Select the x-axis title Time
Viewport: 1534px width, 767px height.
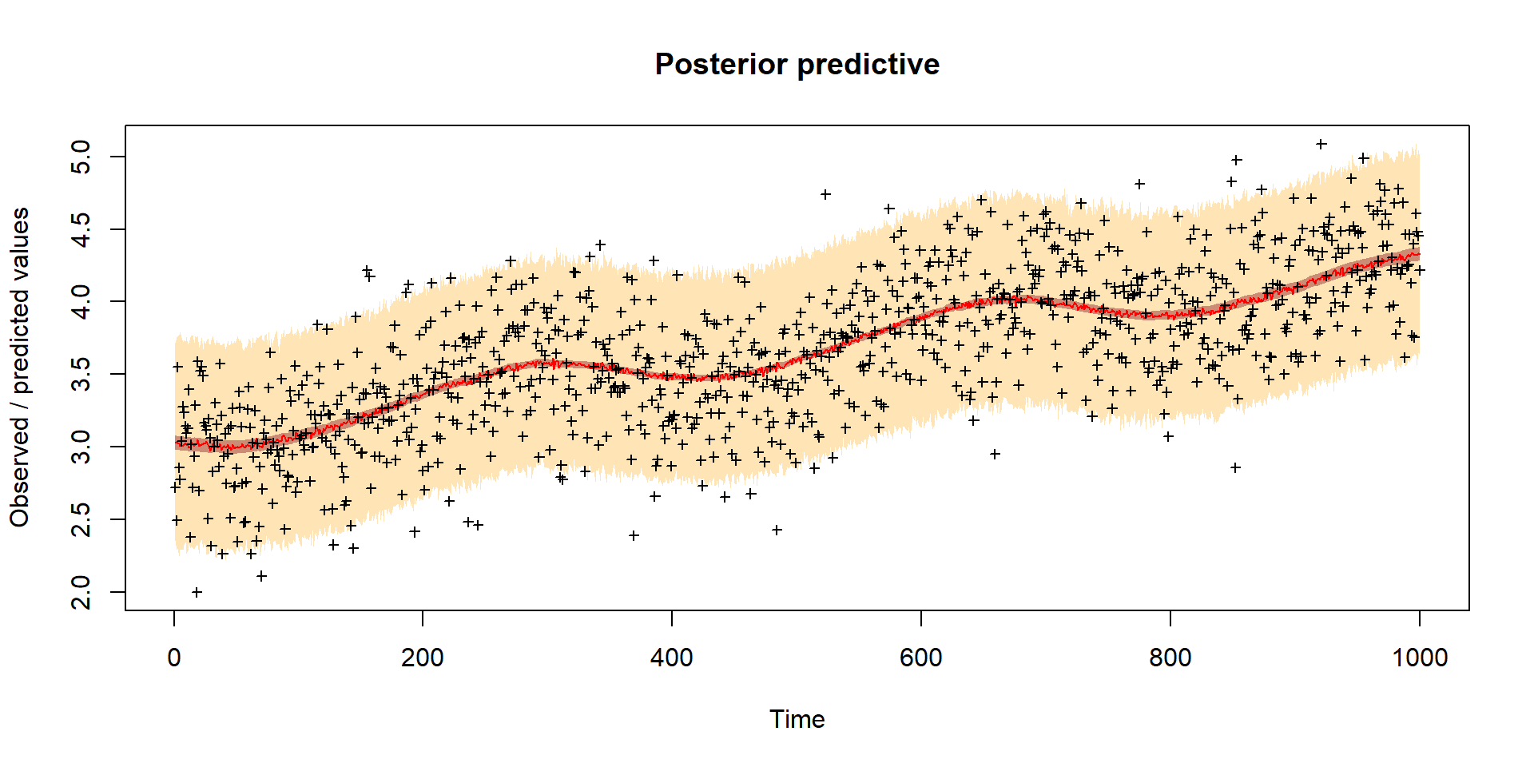[797, 719]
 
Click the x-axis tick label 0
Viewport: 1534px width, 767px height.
[174, 658]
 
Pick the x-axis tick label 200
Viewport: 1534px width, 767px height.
[423, 658]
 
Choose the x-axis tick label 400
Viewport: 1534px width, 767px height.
[672, 658]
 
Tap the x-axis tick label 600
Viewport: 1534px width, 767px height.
[920, 658]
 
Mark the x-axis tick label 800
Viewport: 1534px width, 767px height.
[1170, 658]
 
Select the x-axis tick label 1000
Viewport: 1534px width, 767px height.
[1419, 658]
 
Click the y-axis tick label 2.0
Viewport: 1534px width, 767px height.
[81, 592]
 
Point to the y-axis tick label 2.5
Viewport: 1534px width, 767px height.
[81, 519]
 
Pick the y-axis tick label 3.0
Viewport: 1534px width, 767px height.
[81, 447]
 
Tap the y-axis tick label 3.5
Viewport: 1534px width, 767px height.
[81, 374]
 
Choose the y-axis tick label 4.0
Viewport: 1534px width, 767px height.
[81, 301]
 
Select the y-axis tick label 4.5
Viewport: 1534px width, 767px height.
[81, 229]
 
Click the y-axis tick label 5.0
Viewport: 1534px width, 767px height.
[81, 157]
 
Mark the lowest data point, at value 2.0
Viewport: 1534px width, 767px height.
[197, 592]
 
